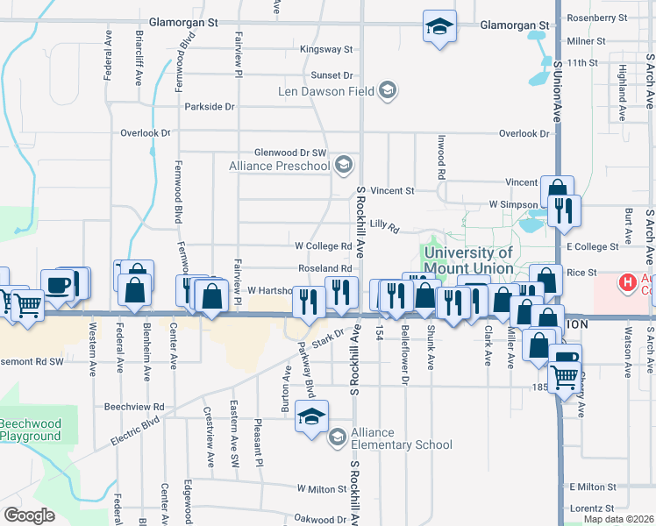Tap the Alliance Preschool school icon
click(345, 163)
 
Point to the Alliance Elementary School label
click(402, 438)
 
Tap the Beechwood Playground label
click(31, 430)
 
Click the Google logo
click(29, 515)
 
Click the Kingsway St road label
click(325, 50)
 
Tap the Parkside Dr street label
click(210, 107)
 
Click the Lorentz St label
click(590, 508)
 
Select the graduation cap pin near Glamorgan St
click(439, 26)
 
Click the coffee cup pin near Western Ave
click(59, 285)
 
